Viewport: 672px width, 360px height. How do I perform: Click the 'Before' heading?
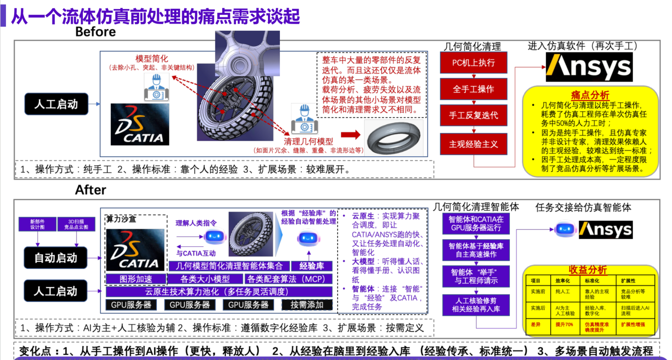[95, 32]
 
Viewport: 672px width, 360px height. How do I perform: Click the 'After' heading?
[91, 190]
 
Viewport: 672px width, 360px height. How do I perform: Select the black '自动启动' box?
[55, 257]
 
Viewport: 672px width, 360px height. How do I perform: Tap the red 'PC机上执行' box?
[474, 63]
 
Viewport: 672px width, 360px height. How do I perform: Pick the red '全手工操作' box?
[474, 89]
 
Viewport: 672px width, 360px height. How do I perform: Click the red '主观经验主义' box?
[474, 144]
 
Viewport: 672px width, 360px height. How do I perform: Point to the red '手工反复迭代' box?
[474, 115]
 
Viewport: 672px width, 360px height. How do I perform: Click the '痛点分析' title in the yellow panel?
[590, 95]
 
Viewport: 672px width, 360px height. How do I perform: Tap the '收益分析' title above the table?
[588, 269]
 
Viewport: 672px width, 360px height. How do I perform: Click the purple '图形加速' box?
[136, 278]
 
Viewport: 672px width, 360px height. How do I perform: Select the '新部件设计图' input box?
[37, 224]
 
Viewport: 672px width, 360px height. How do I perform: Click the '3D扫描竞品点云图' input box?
[76, 224]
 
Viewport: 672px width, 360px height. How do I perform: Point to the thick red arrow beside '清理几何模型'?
[350, 135]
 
